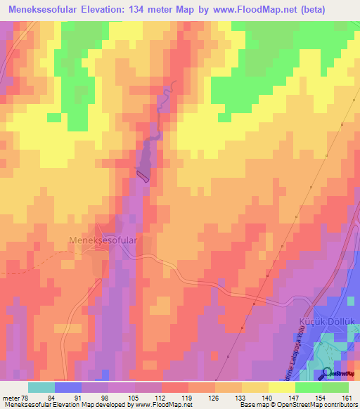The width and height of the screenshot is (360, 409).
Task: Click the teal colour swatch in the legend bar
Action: [41, 387]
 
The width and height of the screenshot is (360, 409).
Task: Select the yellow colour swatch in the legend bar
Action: [281, 387]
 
